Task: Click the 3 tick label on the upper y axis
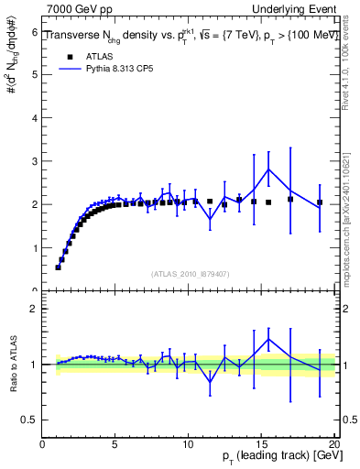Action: click(x=34, y=161)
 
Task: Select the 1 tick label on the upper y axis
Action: click(x=34, y=247)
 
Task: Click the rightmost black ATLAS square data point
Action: click(x=320, y=202)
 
